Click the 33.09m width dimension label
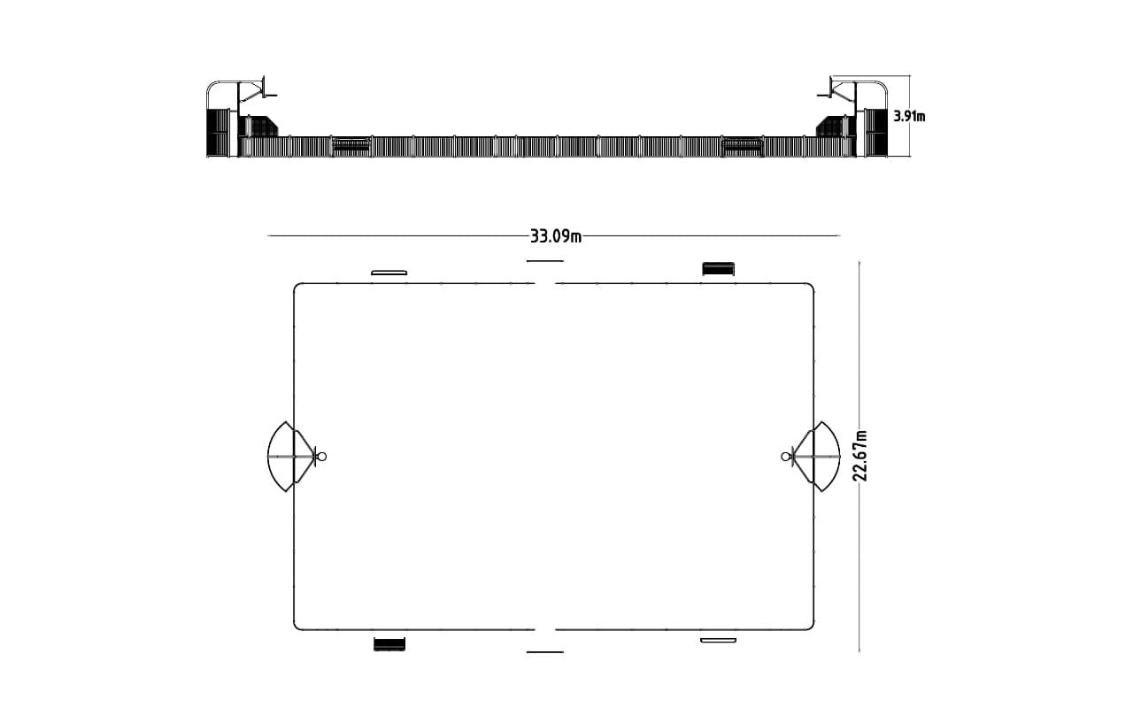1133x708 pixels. pos(555,236)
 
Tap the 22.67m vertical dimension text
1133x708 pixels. pos(859,456)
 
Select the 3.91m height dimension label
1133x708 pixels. pos(909,116)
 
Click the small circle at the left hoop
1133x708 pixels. pos(321,457)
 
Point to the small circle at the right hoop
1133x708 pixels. pos(785,457)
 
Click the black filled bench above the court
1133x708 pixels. pos(718,269)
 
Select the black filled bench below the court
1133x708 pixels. pos(389,644)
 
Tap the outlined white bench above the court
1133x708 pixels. pos(389,273)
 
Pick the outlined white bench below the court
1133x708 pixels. pos(718,640)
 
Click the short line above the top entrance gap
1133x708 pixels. pos(545,261)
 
